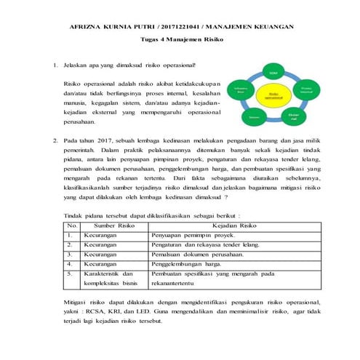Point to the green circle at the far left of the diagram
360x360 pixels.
coord(239,91)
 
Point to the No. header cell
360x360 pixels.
coord(71,226)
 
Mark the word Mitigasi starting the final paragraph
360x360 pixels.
coord(70,300)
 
